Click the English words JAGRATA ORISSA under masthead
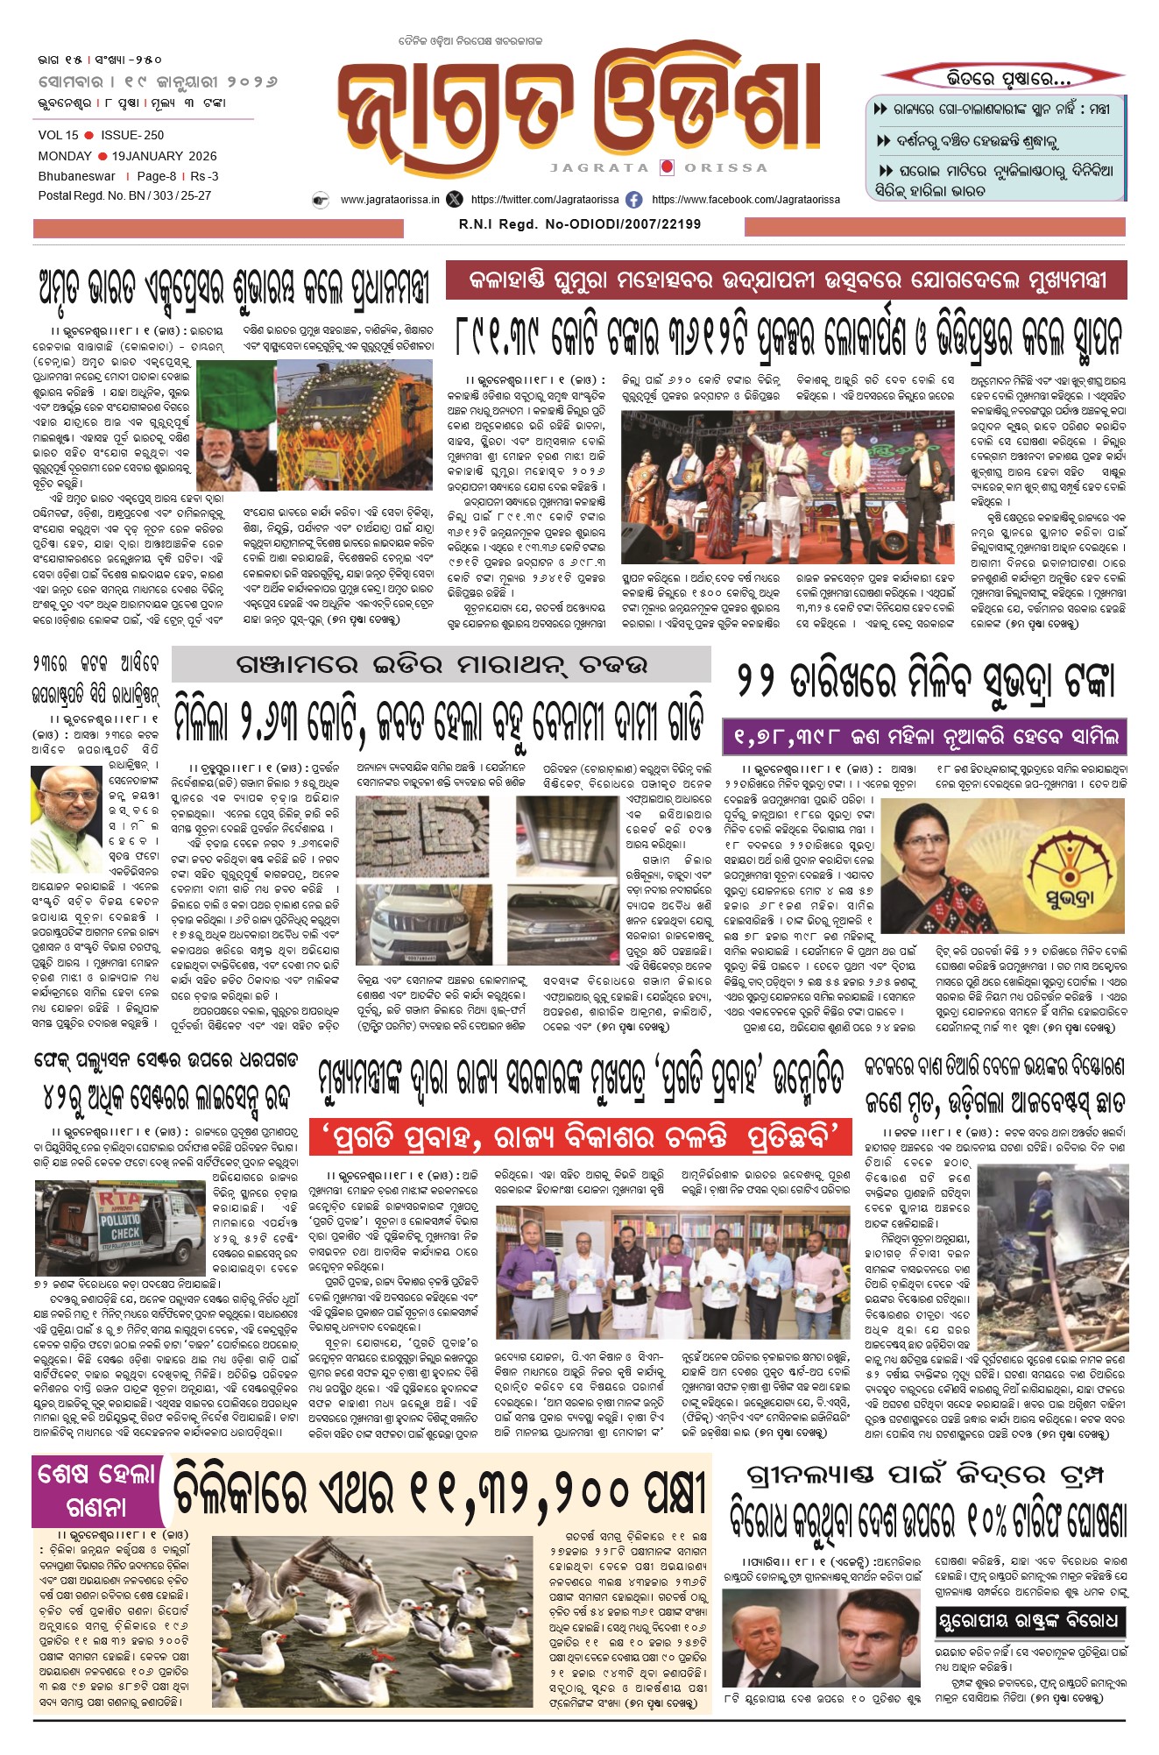pyautogui.click(x=659, y=167)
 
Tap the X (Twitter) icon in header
pyautogui.click(x=454, y=200)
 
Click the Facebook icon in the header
pyautogui.click(x=634, y=200)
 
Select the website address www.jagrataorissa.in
pyautogui.click(x=390, y=200)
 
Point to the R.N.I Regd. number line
pyautogui.click(x=579, y=224)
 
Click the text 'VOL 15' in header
pyautogui.click(x=58, y=135)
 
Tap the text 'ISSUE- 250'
pyautogui.click(x=132, y=135)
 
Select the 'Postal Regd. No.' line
pyautogui.click(x=124, y=195)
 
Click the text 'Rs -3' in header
pyautogui.click(x=205, y=176)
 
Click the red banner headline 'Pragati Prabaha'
pyautogui.click(x=581, y=1136)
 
